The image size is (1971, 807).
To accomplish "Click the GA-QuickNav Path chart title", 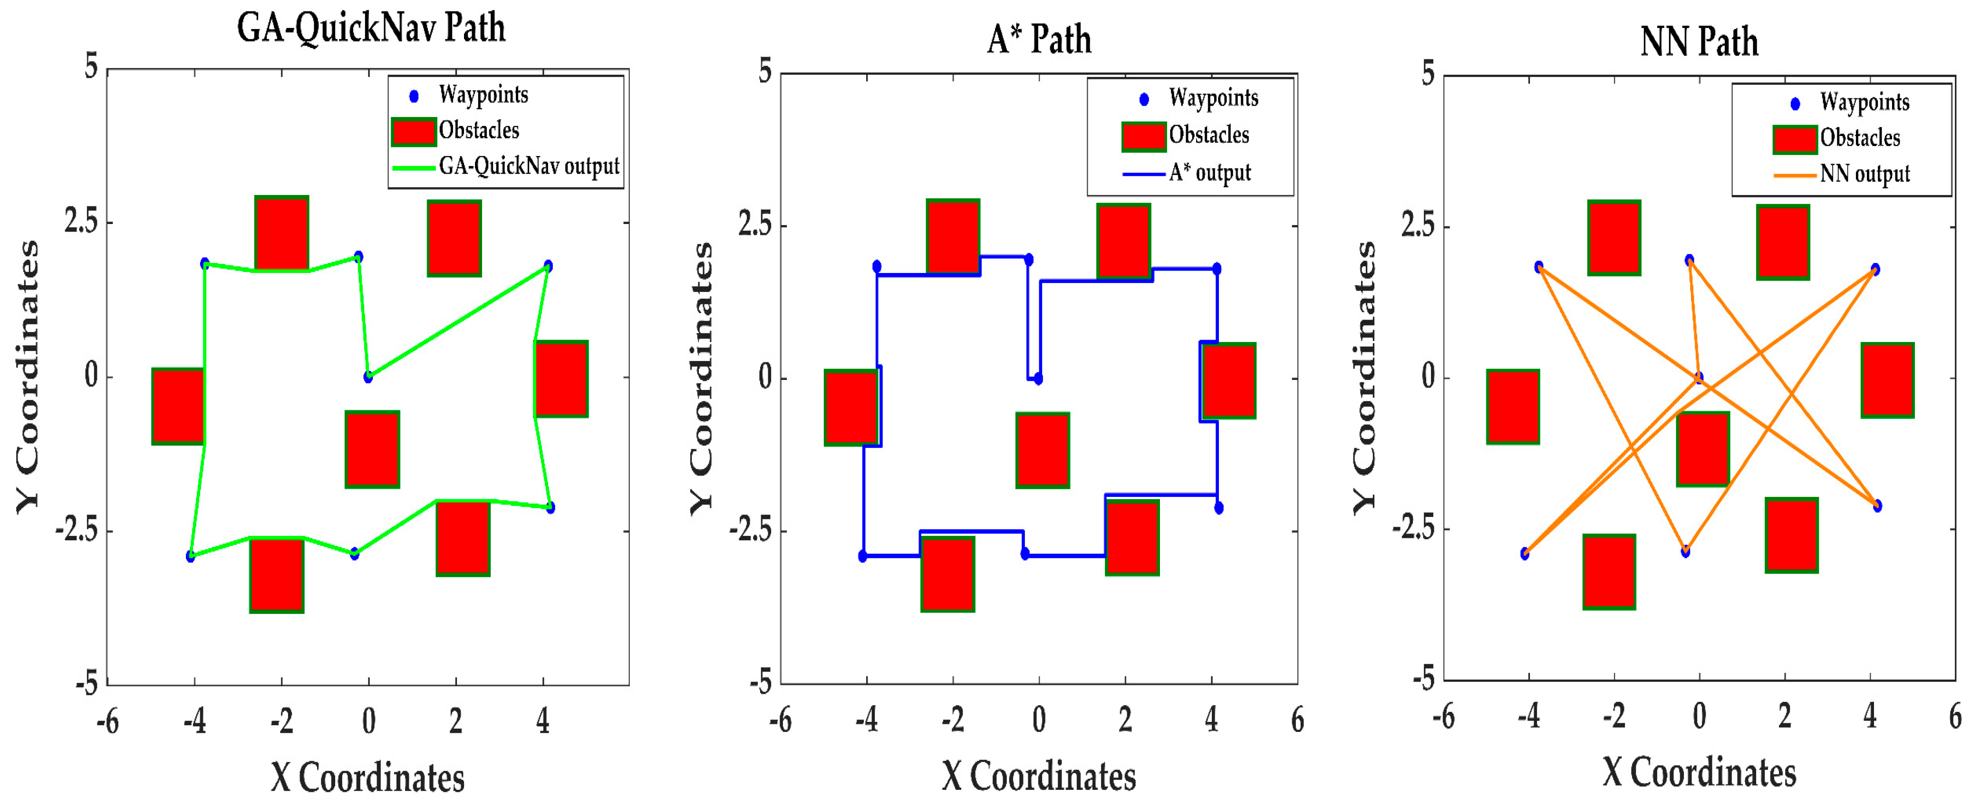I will click(371, 29).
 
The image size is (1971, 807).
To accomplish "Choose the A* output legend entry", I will click(1209, 173).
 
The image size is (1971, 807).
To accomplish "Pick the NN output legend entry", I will click(1864, 175).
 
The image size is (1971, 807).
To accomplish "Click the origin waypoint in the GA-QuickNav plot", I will click(369, 377).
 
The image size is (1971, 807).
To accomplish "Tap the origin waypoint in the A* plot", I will click(1038, 378).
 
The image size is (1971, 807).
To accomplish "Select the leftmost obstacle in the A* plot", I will click(851, 408).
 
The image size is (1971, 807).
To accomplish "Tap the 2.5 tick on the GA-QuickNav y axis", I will click(82, 223).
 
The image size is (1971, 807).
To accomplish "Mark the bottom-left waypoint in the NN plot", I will click(1525, 553).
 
